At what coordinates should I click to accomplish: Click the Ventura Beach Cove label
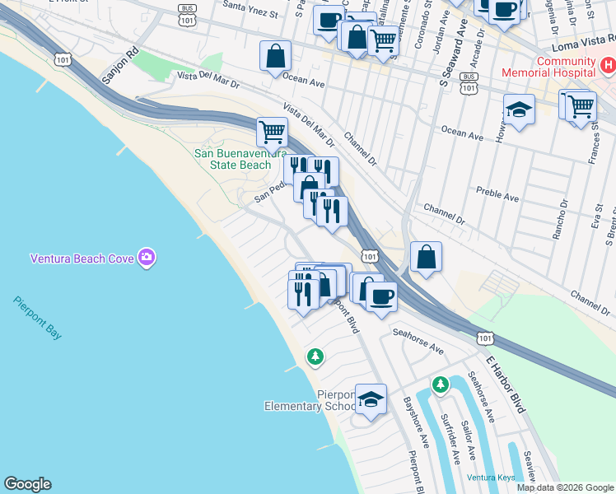point(82,258)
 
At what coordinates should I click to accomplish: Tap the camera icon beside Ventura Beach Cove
point(147,258)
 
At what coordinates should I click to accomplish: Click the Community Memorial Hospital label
point(566,68)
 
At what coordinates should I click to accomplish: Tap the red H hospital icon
point(606,63)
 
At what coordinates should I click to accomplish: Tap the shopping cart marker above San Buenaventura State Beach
point(271,132)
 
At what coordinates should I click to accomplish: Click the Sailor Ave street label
point(469,441)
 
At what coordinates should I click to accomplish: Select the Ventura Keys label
point(490,478)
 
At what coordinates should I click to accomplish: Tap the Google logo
point(27,484)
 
